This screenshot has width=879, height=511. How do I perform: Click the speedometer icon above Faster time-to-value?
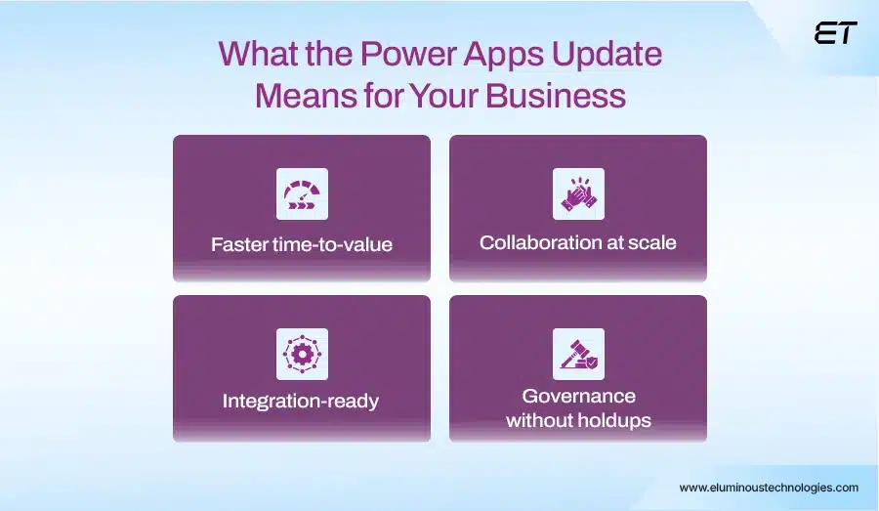click(302, 193)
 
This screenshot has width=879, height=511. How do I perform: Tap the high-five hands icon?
click(578, 193)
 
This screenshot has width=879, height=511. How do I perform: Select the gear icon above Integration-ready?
click(302, 354)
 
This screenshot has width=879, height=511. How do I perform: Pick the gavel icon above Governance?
click(578, 354)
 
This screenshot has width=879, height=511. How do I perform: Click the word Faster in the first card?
click(240, 244)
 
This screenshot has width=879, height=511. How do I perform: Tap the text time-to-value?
click(334, 244)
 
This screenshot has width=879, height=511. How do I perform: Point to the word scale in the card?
click(649, 242)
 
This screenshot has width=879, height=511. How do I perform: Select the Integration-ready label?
click(301, 402)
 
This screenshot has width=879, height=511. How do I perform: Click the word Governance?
click(578, 396)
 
